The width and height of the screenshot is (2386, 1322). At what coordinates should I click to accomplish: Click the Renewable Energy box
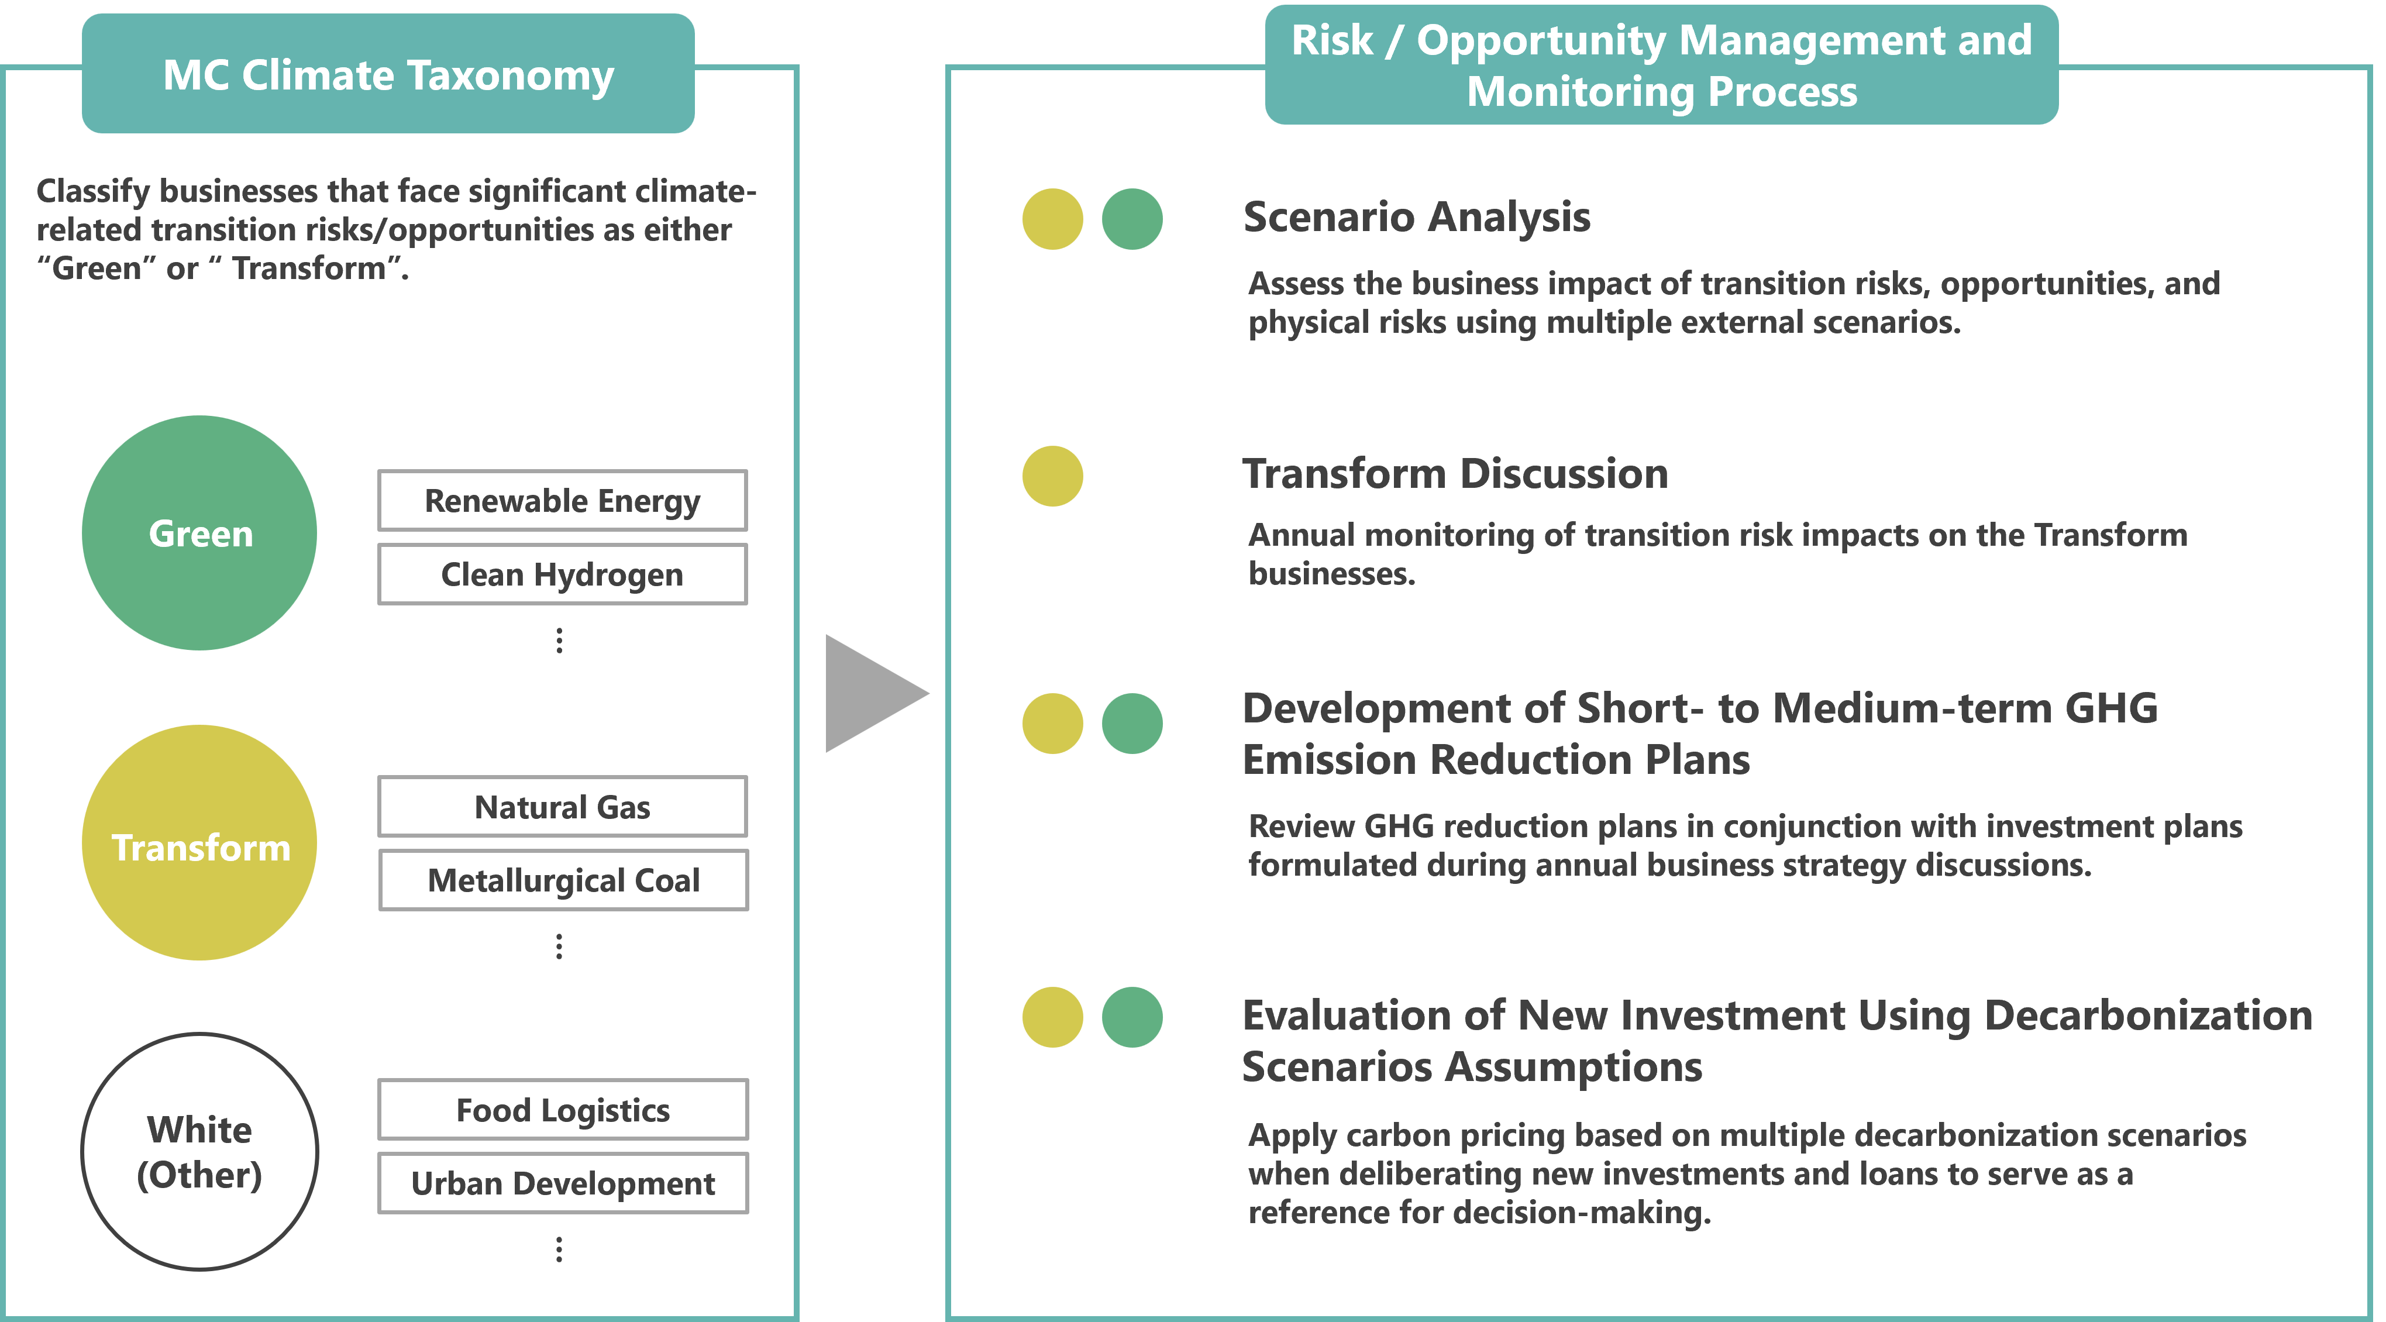(x=562, y=500)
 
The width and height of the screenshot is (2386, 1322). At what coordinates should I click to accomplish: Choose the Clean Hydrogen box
(x=562, y=574)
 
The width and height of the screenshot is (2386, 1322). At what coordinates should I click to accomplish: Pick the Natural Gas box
(x=562, y=806)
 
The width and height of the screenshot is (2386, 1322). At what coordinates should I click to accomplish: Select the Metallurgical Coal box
(x=563, y=880)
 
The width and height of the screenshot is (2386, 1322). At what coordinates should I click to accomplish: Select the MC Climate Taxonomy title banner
(x=388, y=74)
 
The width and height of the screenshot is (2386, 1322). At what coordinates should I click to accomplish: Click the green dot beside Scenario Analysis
(x=1132, y=219)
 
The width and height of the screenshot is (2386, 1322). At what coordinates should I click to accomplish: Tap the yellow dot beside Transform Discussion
(x=1052, y=476)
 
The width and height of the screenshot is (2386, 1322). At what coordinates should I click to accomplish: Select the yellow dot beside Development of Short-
(x=1052, y=724)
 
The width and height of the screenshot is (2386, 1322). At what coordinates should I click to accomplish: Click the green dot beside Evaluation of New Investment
(x=1132, y=1017)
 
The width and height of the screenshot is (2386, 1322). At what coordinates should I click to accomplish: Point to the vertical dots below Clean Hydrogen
(x=559, y=640)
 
